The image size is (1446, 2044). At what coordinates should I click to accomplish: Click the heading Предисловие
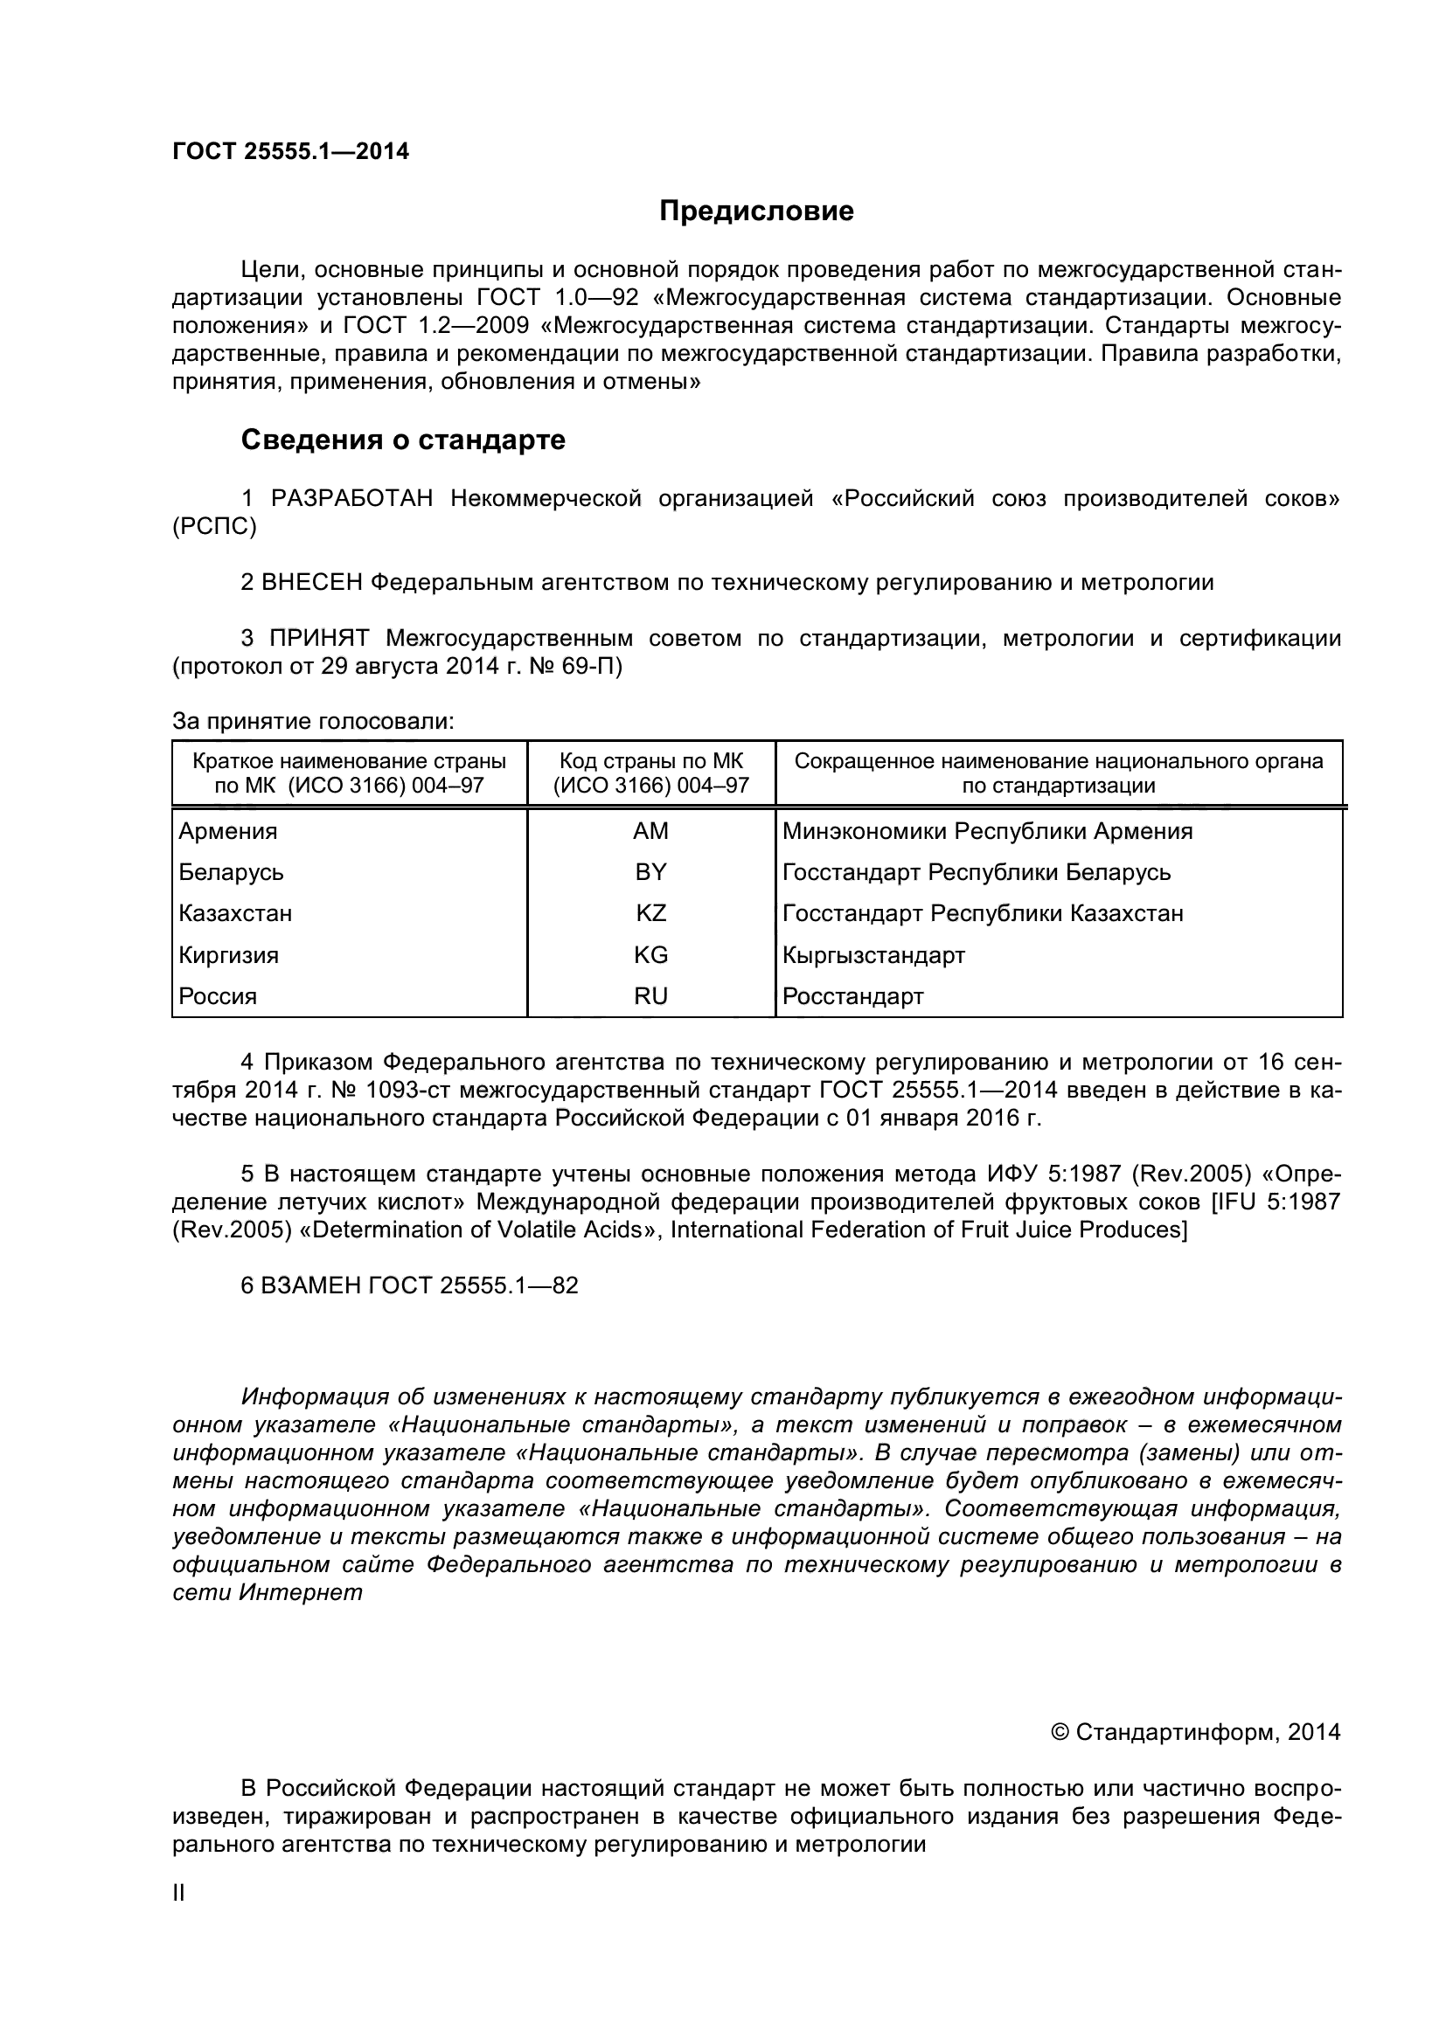(756, 211)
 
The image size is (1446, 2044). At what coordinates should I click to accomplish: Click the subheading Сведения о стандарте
(402, 440)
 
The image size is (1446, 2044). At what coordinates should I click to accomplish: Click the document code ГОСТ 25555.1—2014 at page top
(290, 151)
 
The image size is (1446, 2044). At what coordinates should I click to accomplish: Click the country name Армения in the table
(228, 830)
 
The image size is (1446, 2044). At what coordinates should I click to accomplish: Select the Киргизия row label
(229, 955)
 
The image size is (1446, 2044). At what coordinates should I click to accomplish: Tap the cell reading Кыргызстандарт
(873, 955)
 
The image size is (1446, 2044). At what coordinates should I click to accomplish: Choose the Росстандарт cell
(853, 996)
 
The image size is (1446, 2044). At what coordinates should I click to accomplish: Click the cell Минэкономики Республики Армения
(987, 830)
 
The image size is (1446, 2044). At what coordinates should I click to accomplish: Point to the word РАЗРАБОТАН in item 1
(351, 498)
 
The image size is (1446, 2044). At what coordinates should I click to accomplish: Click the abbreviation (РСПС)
(214, 527)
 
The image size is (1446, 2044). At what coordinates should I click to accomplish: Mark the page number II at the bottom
(178, 1894)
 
